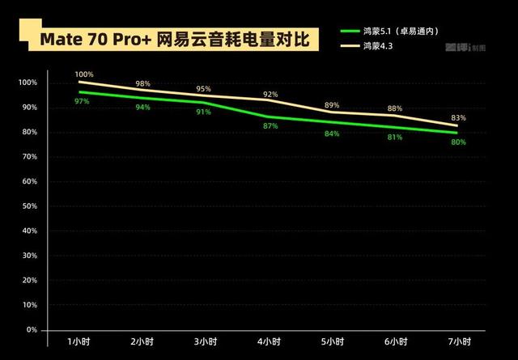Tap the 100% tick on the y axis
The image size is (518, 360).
[28, 83]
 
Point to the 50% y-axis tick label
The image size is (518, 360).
[29, 206]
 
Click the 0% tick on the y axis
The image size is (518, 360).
[32, 330]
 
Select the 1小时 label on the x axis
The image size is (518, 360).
[79, 341]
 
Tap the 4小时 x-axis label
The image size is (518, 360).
[270, 341]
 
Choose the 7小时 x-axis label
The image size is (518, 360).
[459, 341]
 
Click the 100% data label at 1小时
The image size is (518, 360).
[85, 74]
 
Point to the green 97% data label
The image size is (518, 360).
[81, 101]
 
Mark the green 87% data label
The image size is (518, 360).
[270, 125]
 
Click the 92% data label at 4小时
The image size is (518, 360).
[270, 95]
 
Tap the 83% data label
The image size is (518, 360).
[458, 117]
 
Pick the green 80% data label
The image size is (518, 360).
[458, 142]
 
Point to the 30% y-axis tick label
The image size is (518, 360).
[29, 256]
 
